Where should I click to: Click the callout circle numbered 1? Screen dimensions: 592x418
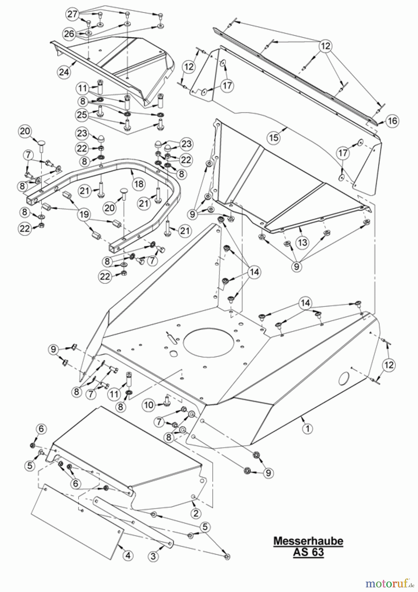[x=307, y=429]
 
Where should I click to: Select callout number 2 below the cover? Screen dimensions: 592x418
[x=196, y=513]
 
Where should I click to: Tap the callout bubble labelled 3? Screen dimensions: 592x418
[x=153, y=556]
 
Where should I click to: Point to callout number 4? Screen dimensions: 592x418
[x=128, y=555]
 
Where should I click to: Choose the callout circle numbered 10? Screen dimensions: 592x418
[x=149, y=405]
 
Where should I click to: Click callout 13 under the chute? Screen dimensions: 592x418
[x=302, y=242]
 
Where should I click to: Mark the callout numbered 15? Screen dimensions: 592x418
[x=274, y=137]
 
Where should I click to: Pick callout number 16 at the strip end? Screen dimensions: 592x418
[x=392, y=121]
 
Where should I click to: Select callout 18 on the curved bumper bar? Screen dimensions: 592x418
[x=139, y=184]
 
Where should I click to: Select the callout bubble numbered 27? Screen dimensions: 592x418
[x=73, y=14]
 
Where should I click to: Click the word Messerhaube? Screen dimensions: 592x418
[x=308, y=541]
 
